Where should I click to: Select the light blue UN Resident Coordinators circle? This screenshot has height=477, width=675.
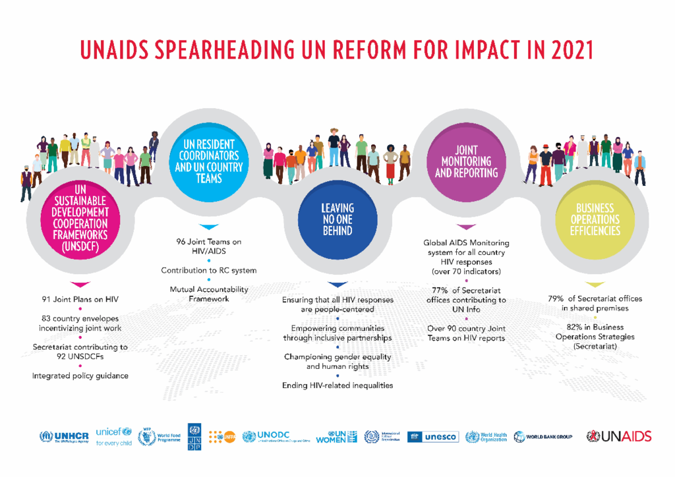click(x=208, y=162)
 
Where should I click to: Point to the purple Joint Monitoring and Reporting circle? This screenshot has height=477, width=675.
click(x=466, y=162)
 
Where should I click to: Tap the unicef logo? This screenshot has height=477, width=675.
click(x=113, y=436)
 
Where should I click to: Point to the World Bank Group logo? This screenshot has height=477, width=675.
click(x=543, y=436)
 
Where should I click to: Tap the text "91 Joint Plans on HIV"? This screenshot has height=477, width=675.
click(x=80, y=299)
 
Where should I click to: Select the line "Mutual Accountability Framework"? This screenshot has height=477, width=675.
click(x=208, y=294)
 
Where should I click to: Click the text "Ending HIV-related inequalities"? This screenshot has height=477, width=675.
click(x=337, y=385)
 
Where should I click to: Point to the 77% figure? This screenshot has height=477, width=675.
click(x=440, y=291)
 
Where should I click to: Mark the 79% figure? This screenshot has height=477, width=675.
click(x=556, y=298)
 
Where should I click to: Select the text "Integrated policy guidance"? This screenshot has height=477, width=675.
click(x=80, y=376)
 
